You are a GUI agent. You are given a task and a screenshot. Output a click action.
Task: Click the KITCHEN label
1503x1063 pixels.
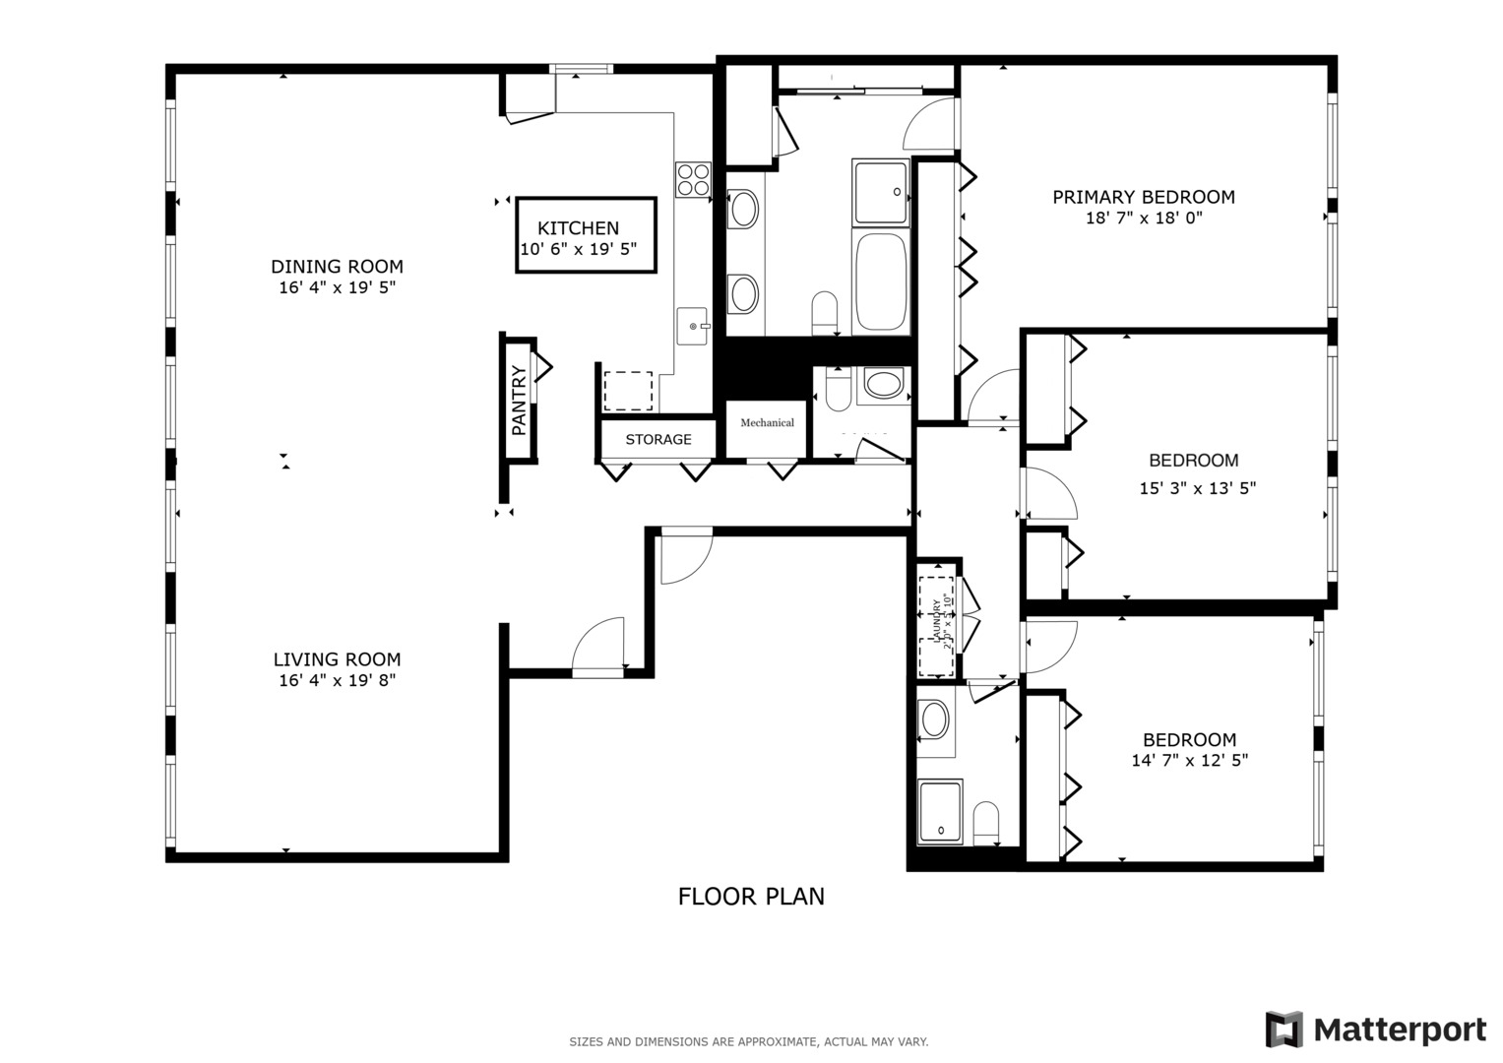[579, 228]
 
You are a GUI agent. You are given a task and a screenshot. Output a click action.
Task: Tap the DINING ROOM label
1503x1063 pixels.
[337, 266]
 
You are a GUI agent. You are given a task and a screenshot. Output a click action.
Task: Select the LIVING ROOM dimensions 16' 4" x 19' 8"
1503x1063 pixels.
[337, 680]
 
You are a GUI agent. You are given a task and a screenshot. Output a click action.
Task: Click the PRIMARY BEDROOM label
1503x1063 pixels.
[1143, 197]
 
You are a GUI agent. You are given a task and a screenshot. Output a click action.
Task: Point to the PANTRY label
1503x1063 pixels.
[519, 401]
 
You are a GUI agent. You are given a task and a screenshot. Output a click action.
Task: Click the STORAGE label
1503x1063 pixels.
[658, 439]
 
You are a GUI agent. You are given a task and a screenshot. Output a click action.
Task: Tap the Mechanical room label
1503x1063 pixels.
[767, 422]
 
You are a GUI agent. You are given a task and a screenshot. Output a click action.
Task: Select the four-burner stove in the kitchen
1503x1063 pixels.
[693, 179]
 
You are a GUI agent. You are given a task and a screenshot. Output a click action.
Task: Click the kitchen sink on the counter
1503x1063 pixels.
[693, 326]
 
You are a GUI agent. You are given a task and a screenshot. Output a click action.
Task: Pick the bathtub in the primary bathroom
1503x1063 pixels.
[881, 282]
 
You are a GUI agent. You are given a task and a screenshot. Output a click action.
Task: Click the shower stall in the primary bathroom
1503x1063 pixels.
[880, 192]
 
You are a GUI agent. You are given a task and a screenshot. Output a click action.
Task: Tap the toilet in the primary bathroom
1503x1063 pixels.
[824, 312]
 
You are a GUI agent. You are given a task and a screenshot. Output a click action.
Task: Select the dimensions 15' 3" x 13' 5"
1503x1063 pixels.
[1197, 487]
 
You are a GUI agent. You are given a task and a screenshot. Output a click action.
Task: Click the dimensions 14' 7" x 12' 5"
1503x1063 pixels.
[1189, 760]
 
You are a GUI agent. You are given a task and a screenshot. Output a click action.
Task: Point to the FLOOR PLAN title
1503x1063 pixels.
[751, 897]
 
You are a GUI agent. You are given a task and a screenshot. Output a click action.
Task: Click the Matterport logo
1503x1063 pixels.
[1375, 1030]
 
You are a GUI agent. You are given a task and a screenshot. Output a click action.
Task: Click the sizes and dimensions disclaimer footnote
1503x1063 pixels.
[748, 1041]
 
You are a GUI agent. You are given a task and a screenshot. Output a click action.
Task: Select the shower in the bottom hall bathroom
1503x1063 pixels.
[940, 812]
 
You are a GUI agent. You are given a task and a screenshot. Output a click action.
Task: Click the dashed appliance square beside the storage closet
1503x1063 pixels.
[627, 391]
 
